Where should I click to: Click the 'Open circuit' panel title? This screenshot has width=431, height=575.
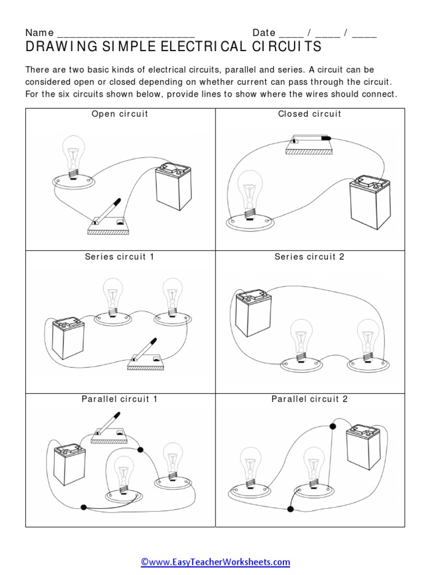[x=120, y=114]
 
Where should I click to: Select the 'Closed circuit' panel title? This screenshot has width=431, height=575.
[x=310, y=114]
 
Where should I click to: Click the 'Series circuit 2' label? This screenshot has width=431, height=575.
[x=309, y=257]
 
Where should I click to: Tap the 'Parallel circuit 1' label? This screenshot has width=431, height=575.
[x=120, y=399]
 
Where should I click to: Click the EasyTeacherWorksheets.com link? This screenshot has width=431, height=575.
[x=215, y=562]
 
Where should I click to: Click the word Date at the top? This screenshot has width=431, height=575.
[x=264, y=33]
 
